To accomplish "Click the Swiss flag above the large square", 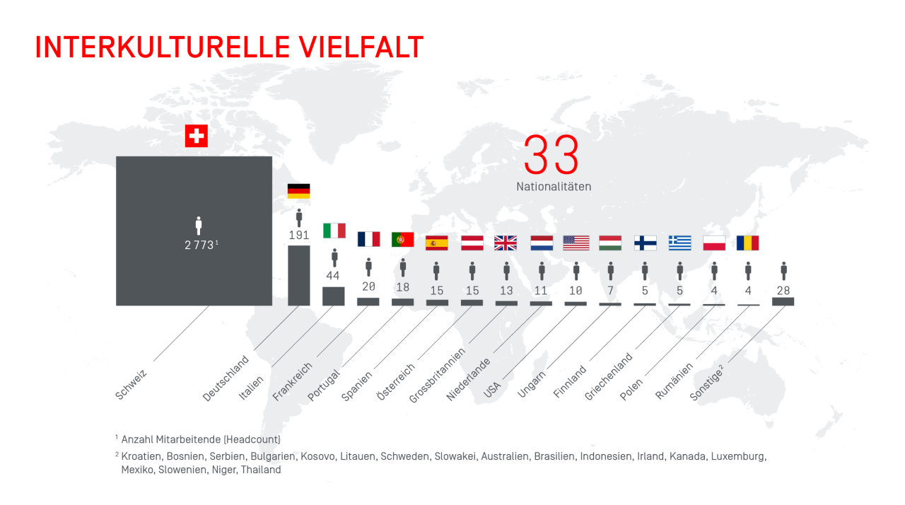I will pos(197,136).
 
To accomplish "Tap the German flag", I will pos(298,191).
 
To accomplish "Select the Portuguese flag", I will pos(402,240).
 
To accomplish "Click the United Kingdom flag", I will pos(506,243).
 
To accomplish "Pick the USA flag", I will pos(576,243).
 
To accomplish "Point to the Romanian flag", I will pos(747,243).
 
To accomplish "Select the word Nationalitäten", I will pos(554,187).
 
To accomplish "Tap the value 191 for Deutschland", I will pos(298,235).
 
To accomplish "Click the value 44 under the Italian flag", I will pos(333,275).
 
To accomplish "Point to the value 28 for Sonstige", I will pos(783,289).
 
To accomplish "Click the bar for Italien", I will pos(333,296).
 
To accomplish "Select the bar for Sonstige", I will pos(783,301).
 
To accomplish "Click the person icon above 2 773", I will pos(199,226).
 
